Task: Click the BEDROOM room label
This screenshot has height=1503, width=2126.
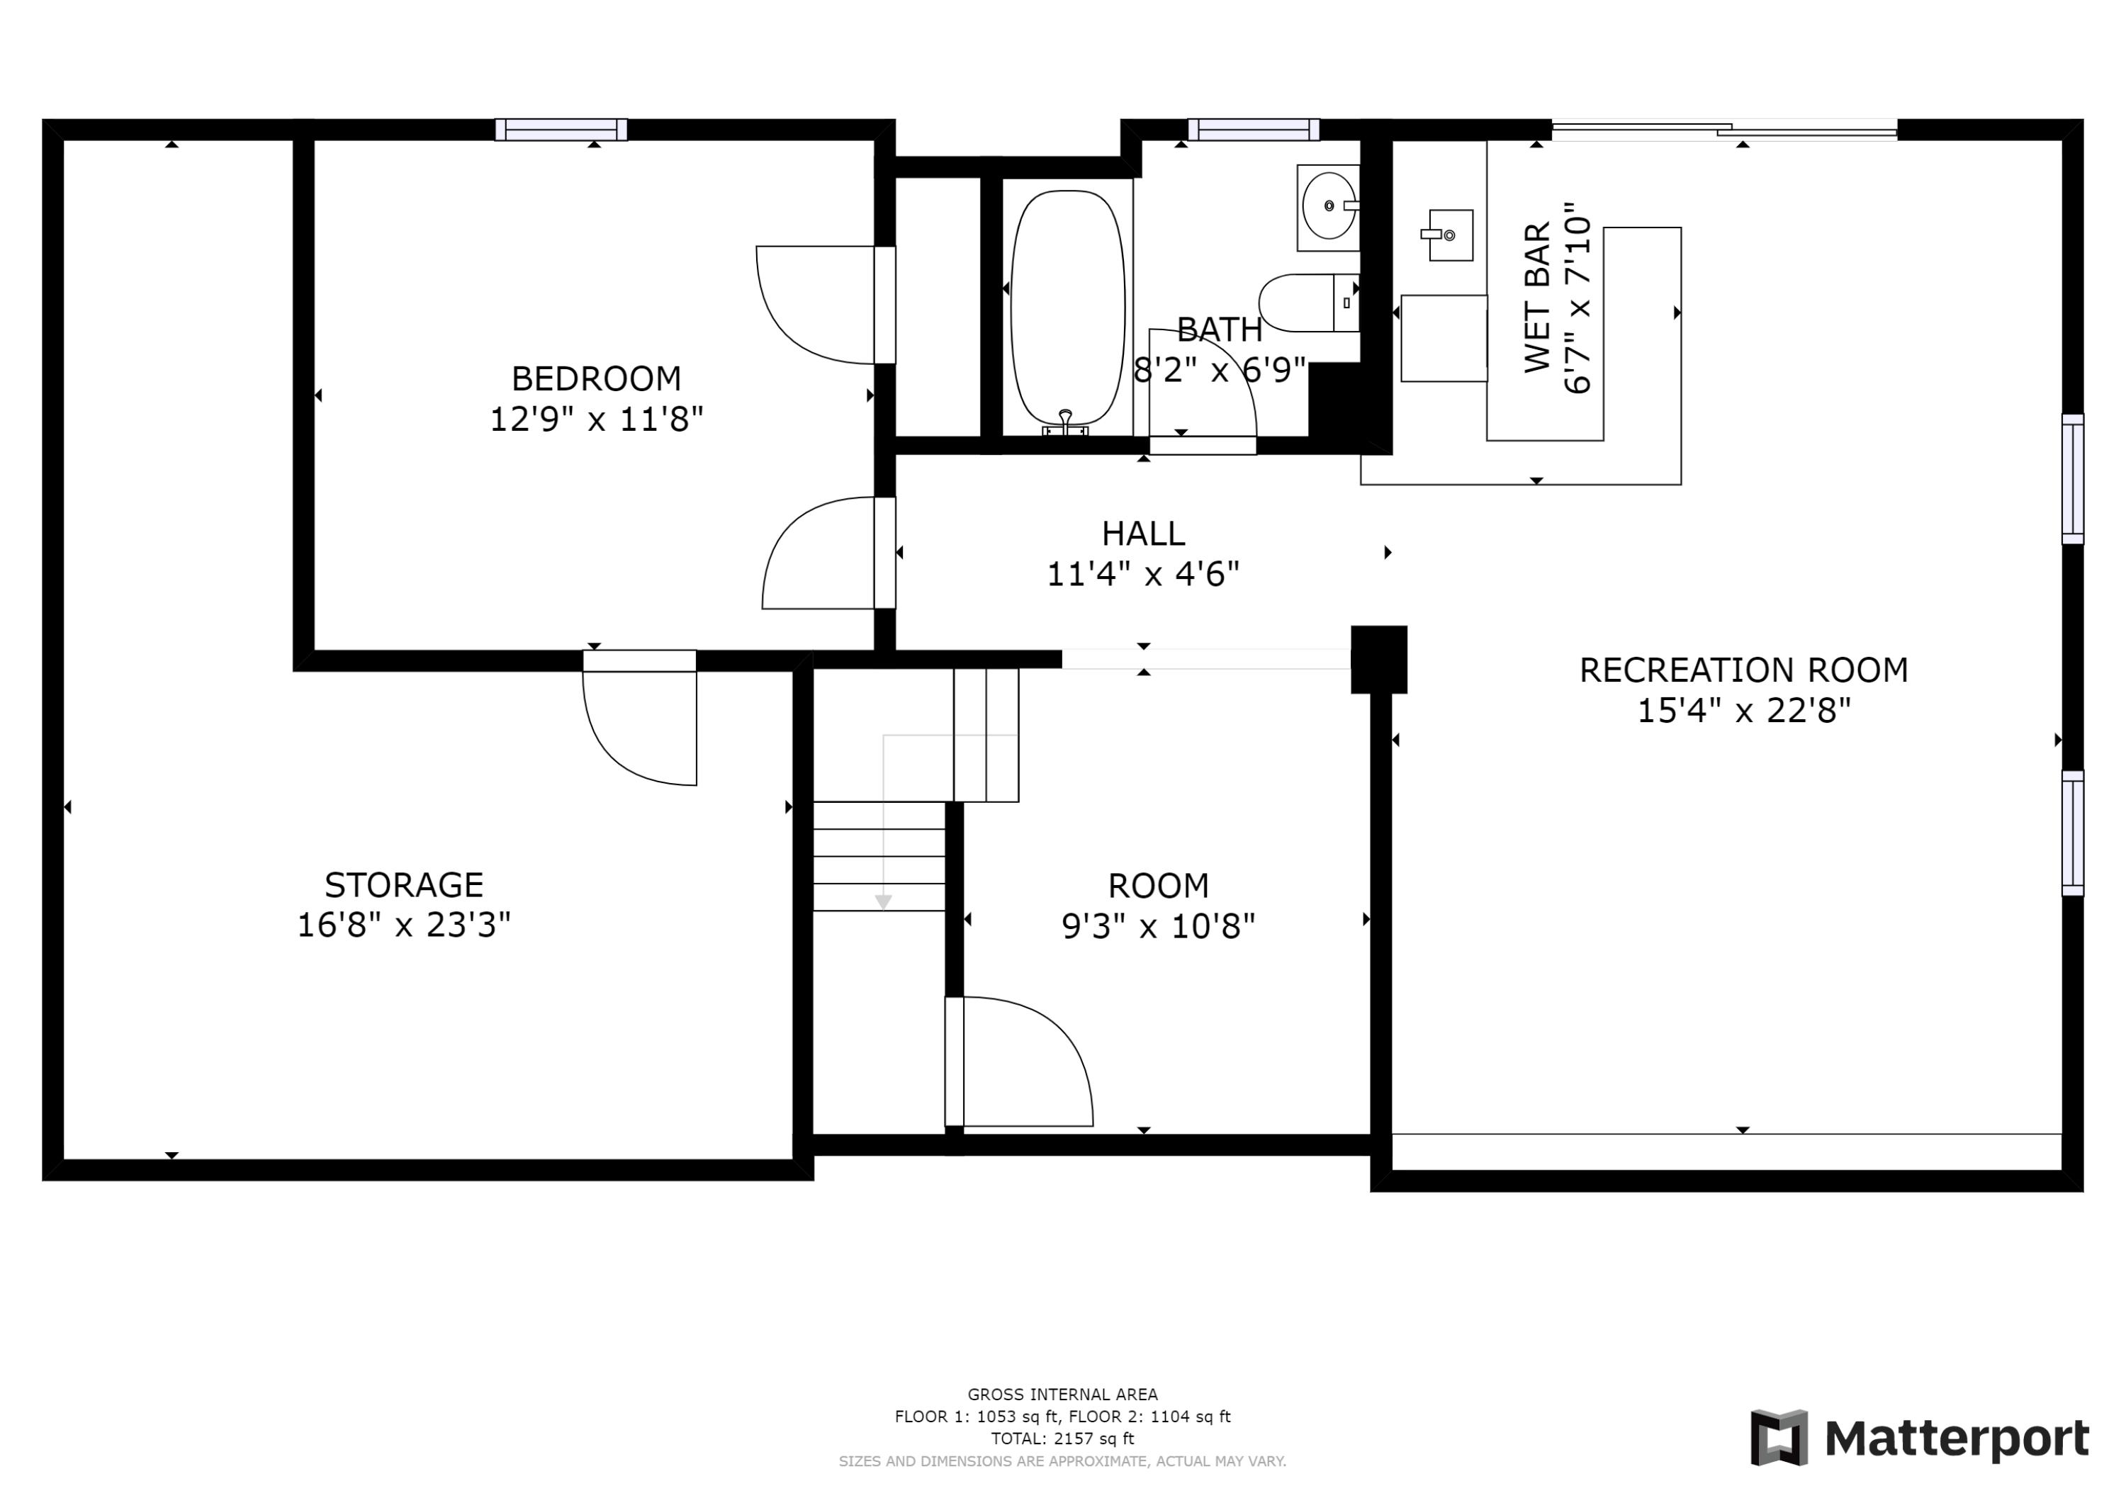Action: pyautogui.click(x=595, y=378)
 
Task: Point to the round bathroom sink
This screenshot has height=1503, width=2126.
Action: pyautogui.click(x=1328, y=206)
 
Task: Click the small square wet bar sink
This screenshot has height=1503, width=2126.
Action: pyautogui.click(x=1450, y=235)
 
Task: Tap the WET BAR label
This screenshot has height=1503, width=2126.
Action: pyautogui.click(x=1538, y=298)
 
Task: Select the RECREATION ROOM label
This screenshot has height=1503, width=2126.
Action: pyautogui.click(x=1743, y=670)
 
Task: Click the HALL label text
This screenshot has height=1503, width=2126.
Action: pyautogui.click(x=1142, y=534)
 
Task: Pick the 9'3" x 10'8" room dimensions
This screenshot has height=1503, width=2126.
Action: pyautogui.click(x=1157, y=926)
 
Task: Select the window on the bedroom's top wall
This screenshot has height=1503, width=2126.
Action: pyautogui.click(x=561, y=130)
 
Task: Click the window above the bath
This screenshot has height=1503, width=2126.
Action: pyautogui.click(x=1253, y=130)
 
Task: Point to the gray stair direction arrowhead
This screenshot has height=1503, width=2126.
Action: pyautogui.click(x=884, y=902)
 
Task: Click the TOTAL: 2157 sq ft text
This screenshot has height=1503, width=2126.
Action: pyautogui.click(x=1062, y=1439)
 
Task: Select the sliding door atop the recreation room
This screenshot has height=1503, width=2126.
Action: pyautogui.click(x=1724, y=130)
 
